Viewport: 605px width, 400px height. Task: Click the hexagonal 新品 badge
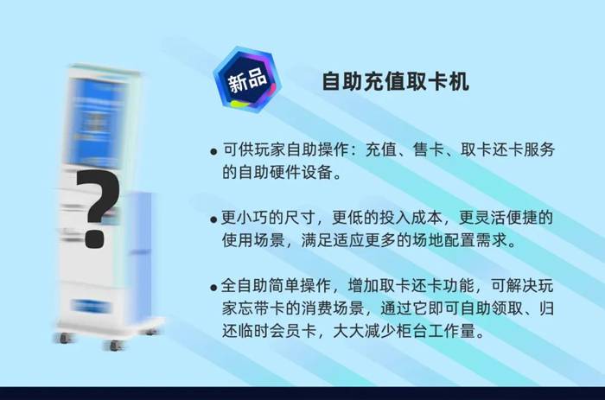tap(247, 79)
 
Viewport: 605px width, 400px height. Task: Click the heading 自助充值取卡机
tap(395, 81)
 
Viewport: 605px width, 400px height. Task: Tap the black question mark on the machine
tap(97, 209)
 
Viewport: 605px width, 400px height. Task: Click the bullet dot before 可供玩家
tap(213, 151)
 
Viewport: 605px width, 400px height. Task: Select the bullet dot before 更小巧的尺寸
tap(213, 219)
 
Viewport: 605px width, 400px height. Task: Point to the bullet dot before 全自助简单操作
tap(213, 288)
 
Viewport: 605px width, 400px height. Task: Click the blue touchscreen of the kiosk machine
tap(96, 123)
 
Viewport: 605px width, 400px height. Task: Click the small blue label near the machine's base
tap(91, 306)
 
